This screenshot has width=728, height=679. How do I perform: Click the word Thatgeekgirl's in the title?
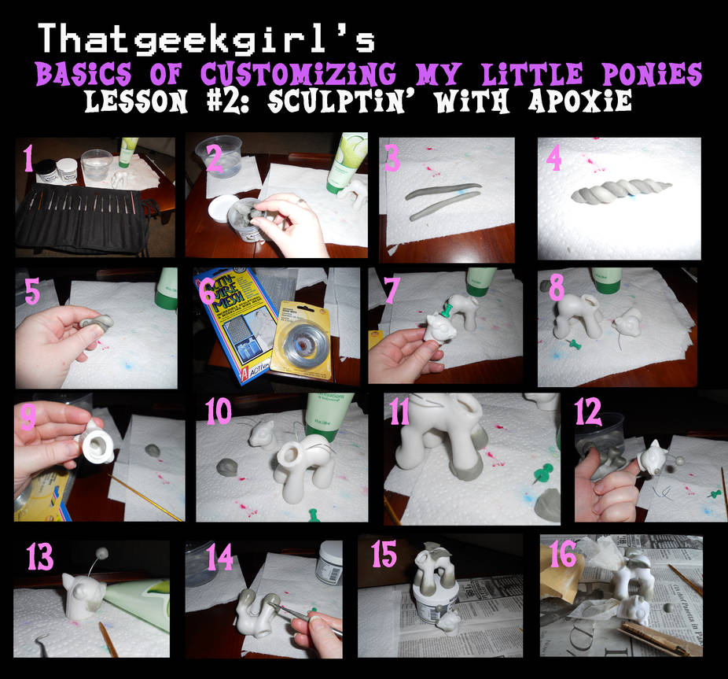pyautogui.click(x=207, y=39)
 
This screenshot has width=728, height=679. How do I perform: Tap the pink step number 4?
pyautogui.click(x=554, y=161)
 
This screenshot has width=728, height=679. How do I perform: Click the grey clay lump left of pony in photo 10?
pyautogui.click(x=227, y=466)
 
